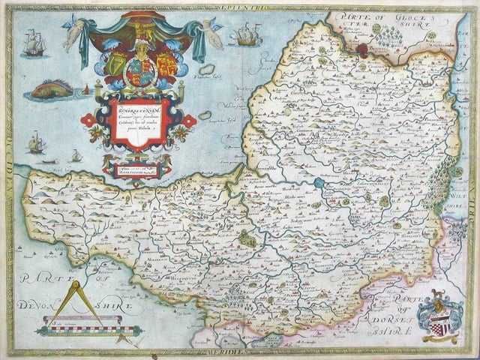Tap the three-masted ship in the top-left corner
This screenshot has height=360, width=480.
pos(33,43)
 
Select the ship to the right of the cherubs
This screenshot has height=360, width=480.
pos(247,34)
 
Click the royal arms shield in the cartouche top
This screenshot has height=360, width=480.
pos(140,73)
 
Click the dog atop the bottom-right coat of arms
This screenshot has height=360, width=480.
pos(436,294)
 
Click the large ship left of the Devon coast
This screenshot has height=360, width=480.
pos(36,142)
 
